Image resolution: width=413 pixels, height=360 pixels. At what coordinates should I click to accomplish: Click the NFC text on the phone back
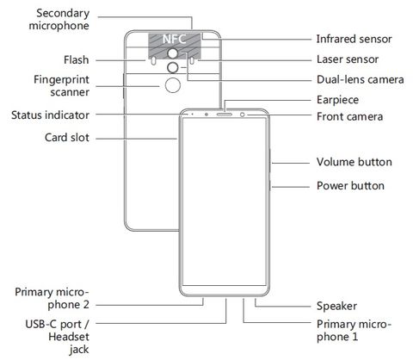click(x=175, y=39)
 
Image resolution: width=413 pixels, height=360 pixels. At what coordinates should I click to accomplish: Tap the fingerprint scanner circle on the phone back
click(x=173, y=85)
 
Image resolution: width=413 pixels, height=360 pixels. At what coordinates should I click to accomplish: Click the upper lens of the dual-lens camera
click(x=173, y=53)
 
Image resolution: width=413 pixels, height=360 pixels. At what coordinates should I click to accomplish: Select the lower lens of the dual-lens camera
click(x=173, y=68)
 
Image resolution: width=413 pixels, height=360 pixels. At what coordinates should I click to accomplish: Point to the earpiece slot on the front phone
click(x=225, y=115)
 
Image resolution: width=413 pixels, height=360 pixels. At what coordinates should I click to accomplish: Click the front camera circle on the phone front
click(x=243, y=115)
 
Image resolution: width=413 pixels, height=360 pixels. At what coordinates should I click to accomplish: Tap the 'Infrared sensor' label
click(x=354, y=39)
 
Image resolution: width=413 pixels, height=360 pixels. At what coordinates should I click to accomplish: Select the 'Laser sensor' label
click(x=348, y=59)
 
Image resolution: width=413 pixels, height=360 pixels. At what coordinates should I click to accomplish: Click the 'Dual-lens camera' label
click(x=360, y=79)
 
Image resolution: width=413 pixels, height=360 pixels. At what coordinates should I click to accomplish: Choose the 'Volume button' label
click(x=354, y=162)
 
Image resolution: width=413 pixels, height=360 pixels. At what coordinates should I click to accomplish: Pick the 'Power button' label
click(x=350, y=186)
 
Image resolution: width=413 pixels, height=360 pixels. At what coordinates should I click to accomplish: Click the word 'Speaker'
click(x=336, y=306)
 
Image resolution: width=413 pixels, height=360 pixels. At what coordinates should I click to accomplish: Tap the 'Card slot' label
click(x=67, y=138)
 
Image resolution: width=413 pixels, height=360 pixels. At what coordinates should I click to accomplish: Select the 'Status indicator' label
click(x=50, y=115)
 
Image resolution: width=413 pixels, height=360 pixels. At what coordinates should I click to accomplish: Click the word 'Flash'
click(x=77, y=60)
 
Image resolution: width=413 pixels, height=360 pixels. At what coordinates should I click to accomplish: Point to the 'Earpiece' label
click(x=337, y=100)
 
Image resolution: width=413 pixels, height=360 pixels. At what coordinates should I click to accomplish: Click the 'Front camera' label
click(x=349, y=116)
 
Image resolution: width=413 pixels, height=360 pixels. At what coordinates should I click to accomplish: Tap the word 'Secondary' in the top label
click(x=63, y=14)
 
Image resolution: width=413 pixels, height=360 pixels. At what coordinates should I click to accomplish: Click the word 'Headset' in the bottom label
click(x=69, y=337)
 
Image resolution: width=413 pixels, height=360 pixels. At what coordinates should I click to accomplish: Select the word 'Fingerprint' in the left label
click(x=61, y=80)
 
